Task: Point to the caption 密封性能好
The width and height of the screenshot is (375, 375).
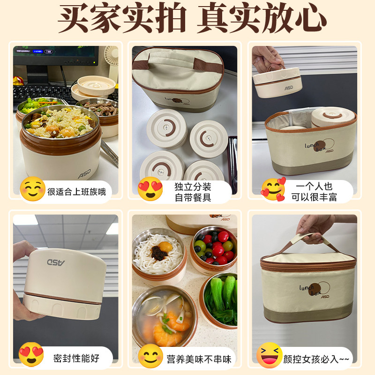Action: point(76,359)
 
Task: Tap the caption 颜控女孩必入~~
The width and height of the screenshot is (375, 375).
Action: point(316,360)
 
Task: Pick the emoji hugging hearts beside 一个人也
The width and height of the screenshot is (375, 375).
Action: point(273,189)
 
